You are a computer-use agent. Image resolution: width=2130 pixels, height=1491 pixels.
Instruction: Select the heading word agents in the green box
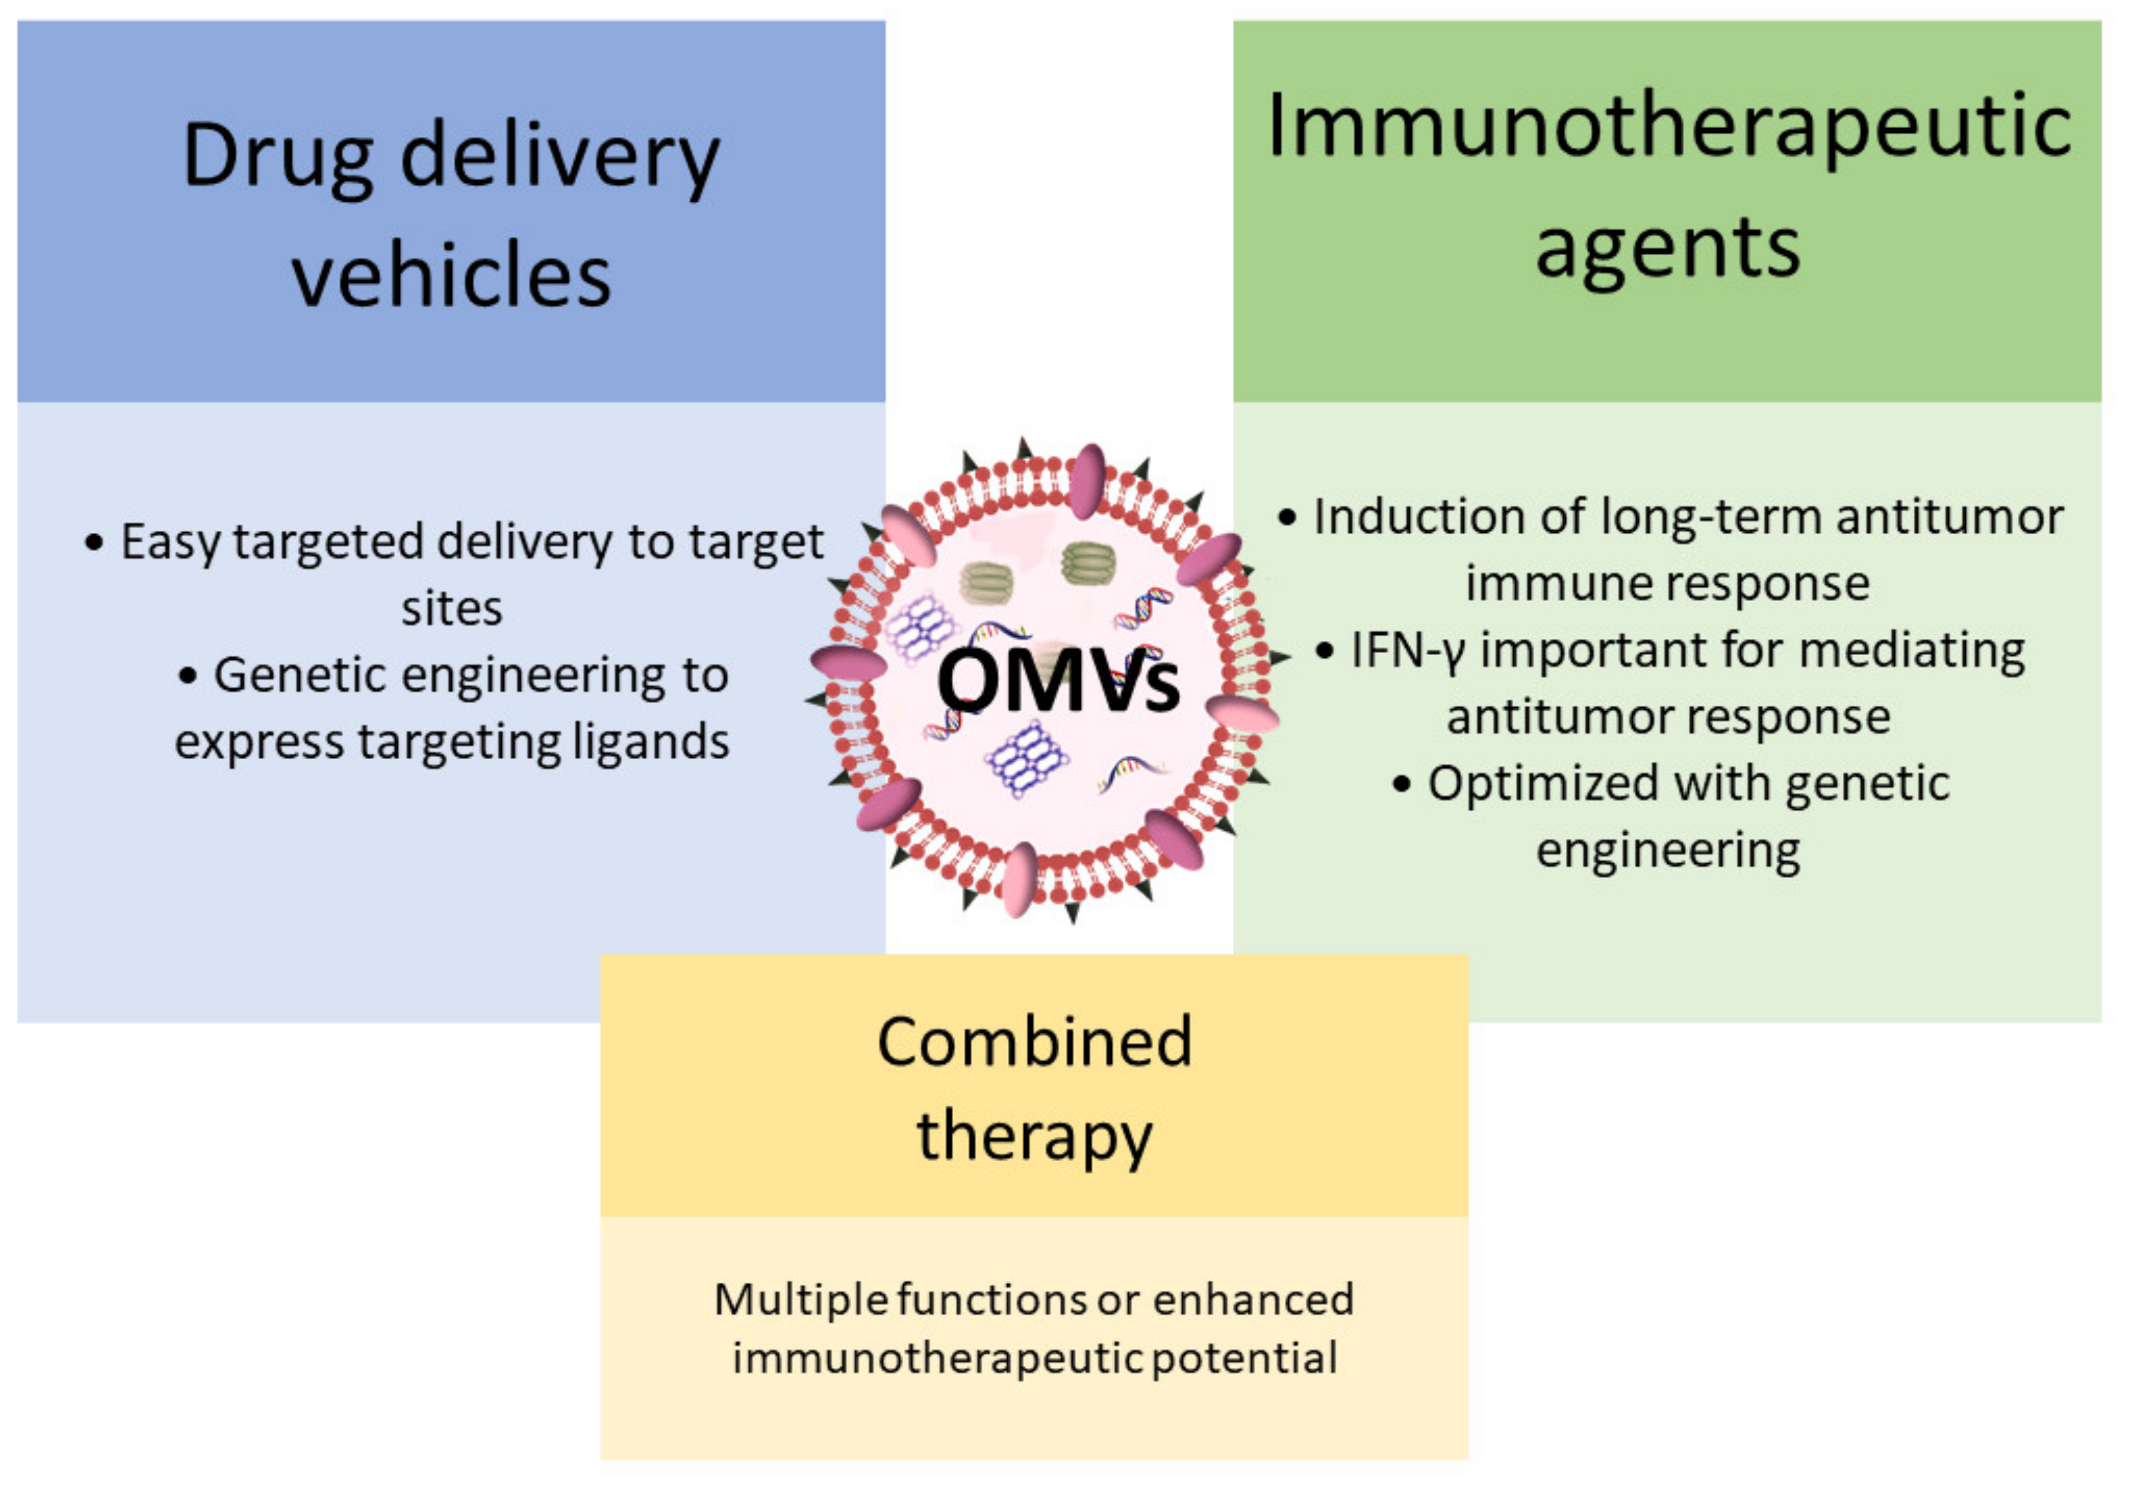coord(1667,248)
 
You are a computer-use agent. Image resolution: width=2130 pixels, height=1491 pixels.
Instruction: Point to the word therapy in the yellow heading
coord(1035,1136)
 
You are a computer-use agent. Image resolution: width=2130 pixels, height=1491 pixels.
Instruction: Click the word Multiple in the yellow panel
coord(800,1300)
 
